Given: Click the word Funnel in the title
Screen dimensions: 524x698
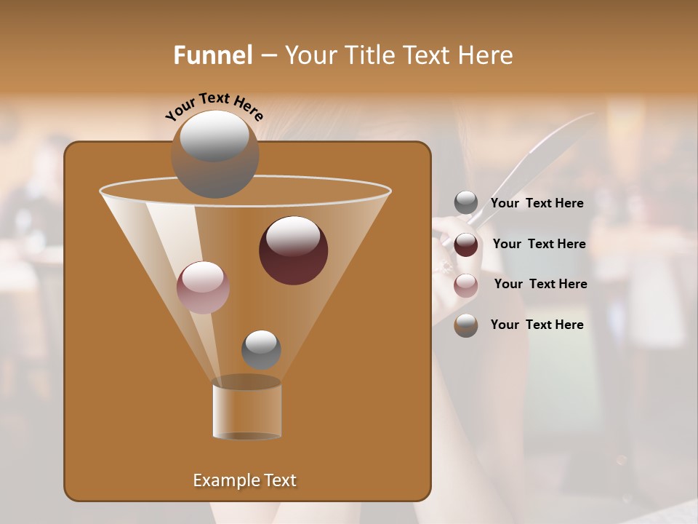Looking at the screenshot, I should click(213, 55).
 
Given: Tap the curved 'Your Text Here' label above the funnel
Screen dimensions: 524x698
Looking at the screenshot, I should click(214, 106).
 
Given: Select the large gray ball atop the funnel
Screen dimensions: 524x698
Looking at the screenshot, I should click(215, 154).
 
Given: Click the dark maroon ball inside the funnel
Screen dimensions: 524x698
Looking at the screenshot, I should click(293, 250).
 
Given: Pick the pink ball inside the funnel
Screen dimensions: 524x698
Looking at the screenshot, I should click(203, 287).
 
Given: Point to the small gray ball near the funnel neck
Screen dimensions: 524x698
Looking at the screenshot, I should click(261, 349).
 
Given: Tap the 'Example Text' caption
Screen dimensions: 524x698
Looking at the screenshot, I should click(245, 480).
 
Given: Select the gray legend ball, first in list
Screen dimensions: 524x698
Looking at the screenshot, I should click(466, 203).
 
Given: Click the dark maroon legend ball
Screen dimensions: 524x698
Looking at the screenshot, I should click(466, 245).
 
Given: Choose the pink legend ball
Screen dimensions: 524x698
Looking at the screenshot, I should click(466, 285).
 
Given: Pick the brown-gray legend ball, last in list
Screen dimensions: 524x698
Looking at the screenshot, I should click(466, 325).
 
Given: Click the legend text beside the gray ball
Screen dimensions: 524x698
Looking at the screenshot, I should click(537, 204).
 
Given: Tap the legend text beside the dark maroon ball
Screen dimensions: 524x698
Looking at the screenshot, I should click(539, 245).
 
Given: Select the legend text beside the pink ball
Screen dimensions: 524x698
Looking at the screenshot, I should click(540, 285).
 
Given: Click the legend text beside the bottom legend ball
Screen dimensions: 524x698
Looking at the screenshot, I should click(537, 325).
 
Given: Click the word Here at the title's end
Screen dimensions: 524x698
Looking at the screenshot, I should click(486, 55).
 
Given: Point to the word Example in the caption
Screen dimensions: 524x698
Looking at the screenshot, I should click(222, 480).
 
